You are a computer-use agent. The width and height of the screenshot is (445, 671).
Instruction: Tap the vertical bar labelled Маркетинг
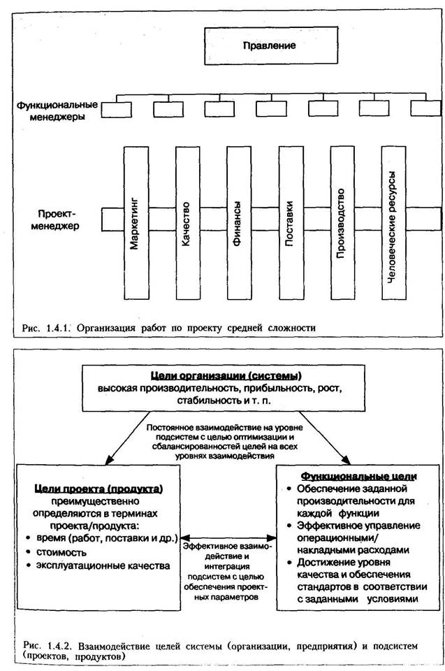point(136,222)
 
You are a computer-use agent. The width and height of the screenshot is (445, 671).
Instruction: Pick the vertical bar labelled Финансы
point(238,222)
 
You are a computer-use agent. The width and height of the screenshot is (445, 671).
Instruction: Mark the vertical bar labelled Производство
point(341,222)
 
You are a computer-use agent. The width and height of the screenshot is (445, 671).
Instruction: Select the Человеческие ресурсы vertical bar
point(393,222)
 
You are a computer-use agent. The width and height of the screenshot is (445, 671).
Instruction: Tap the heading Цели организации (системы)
point(221,375)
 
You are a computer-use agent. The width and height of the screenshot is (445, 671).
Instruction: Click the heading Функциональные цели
point(356,475)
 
